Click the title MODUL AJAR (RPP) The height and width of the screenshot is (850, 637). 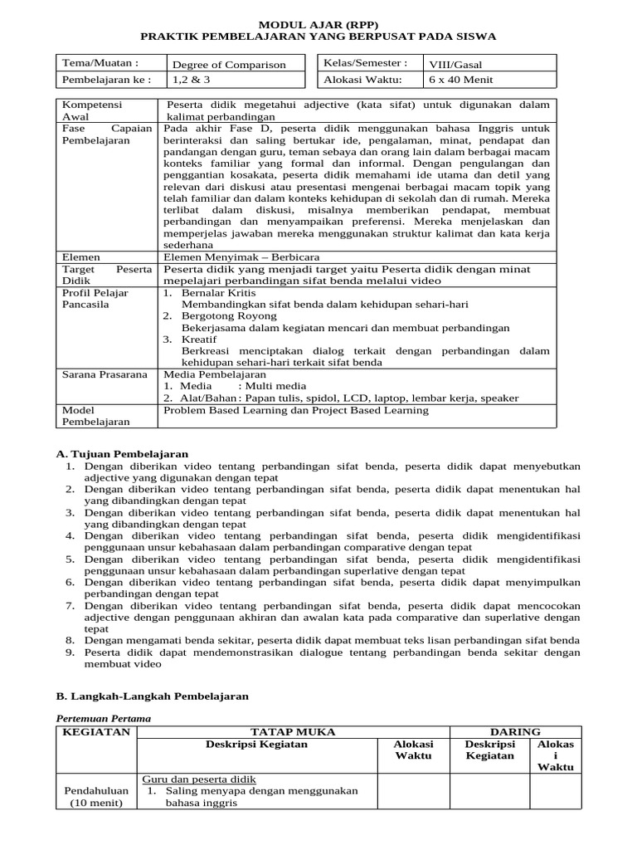(318, 24)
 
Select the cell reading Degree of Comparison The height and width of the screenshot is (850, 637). (228, 65)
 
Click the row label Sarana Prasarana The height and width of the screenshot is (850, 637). (105, 374)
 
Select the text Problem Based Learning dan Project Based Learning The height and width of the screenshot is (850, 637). (296, 410)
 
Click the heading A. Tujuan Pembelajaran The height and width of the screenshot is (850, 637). (122, 454)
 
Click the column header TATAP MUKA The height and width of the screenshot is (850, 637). (293, 732)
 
